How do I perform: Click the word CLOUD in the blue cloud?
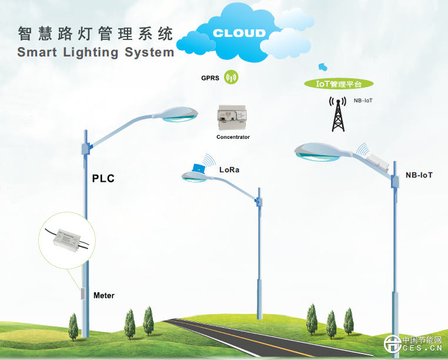tap(239, 33)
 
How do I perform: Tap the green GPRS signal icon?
tap(232, 77)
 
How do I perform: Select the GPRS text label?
tap(210, 78)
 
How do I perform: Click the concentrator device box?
tap(232, 118)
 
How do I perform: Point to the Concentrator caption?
tap(233, 137)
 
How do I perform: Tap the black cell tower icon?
tap(337, 113)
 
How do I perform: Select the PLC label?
tap(103, 178)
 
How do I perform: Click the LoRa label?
tap(229, 169)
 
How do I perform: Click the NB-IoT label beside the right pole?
tap(419, 175)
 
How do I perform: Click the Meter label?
tap(104, 295)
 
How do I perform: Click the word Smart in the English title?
tap(38, 52)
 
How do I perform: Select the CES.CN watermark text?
tap(422, 351)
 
